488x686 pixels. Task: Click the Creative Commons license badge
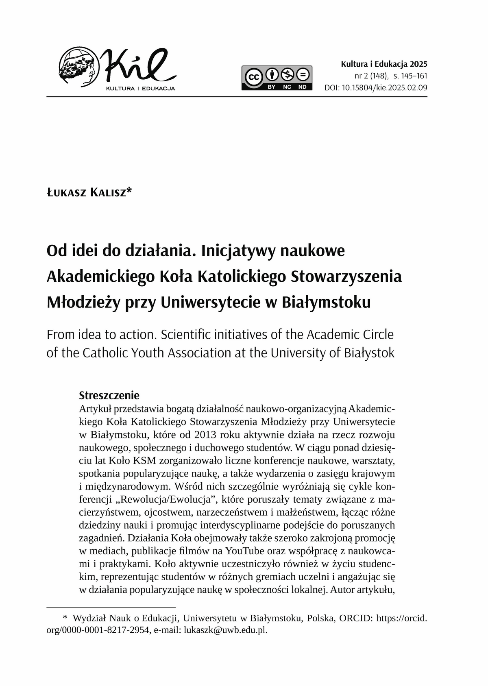[x=277, y=78]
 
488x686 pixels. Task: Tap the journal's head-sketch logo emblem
[x=79, y=67]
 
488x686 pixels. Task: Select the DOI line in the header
[x=376, y=87]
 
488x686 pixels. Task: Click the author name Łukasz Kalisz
[x=89, y=192]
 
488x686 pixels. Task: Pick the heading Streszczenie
[x=109, y=395]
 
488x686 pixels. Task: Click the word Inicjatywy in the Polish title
[x=236, y=250]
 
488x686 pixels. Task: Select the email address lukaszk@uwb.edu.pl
[x=226, y=630]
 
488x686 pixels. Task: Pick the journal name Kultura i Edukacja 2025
[x=384, y=64]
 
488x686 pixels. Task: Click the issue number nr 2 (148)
[x=370, y=76]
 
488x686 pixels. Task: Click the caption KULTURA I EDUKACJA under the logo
[x=140, y=88]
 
